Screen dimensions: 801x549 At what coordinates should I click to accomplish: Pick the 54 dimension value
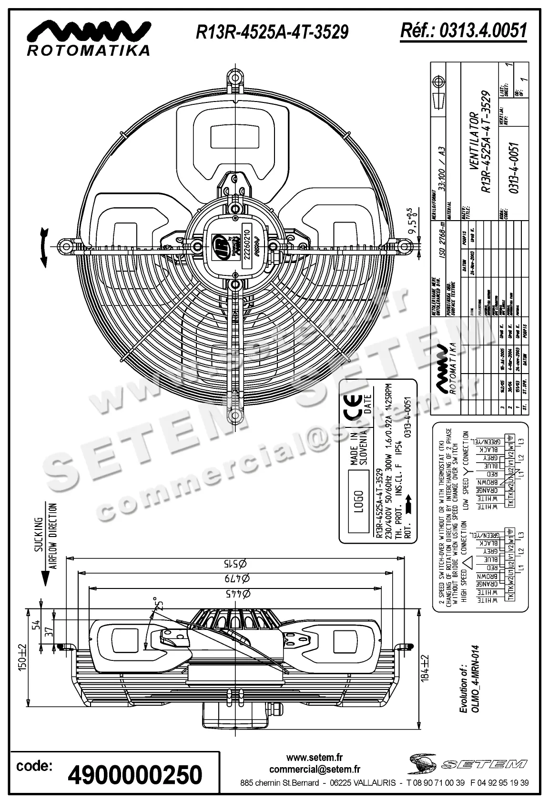click(x=35, y=626)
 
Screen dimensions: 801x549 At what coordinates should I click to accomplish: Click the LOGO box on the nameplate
click(x=359, y=501)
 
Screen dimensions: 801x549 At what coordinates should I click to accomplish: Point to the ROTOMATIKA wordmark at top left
click(x=88, y=50)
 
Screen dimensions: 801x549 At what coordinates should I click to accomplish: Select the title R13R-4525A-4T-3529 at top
click(x=272, y=32)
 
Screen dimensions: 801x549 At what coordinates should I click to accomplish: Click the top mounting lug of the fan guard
click(x=234, y=78)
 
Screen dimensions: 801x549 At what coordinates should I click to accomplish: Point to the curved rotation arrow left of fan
click(x=44, y=246)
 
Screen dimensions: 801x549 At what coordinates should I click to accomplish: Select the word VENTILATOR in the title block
click(x=473, y=142)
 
